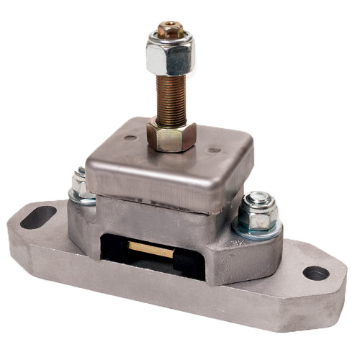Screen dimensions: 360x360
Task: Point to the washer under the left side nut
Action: point(81,199)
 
